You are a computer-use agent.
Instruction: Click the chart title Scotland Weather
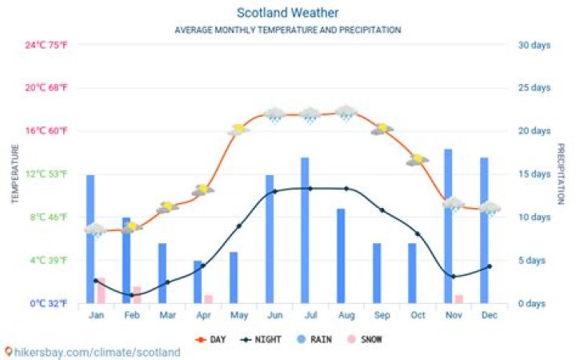click(287, 13)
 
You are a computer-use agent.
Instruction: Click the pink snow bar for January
click(102, 290)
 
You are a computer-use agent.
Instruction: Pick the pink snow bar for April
click(209, 299)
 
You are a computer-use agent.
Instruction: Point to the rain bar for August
click(341, 256)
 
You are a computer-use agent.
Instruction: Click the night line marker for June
click(274, 191)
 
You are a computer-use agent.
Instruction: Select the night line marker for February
click(131, 295)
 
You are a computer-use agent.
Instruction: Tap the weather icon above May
click(238, 129)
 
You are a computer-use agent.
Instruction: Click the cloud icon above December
click(490, 208)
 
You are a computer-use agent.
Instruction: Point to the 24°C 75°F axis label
click(46, 45)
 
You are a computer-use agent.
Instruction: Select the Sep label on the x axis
click(382, 315)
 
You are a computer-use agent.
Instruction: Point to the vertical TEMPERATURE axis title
click(14, 174)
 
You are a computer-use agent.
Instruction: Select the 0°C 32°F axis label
click(49, 304)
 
